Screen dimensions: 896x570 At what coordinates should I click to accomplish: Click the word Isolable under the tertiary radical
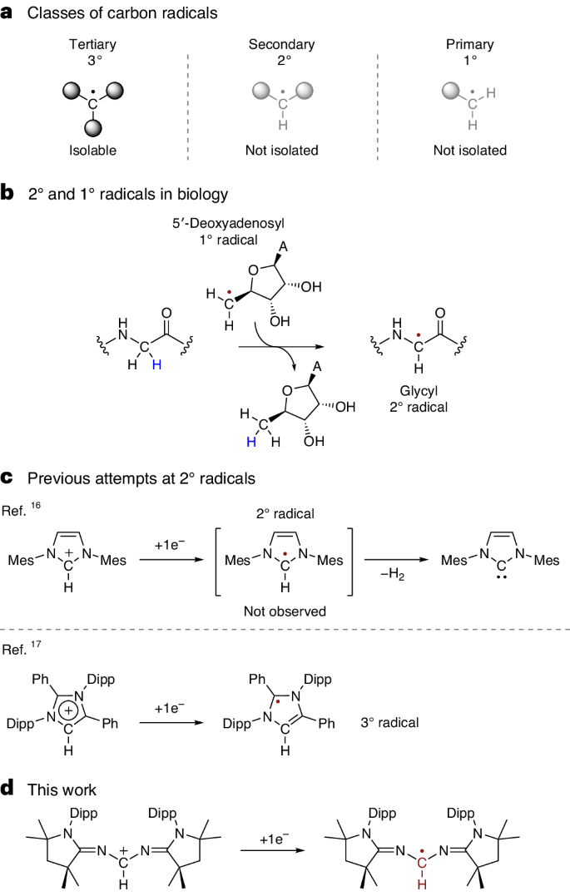pos(94,151)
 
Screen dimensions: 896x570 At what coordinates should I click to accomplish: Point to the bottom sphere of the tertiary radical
pos(94,127)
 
